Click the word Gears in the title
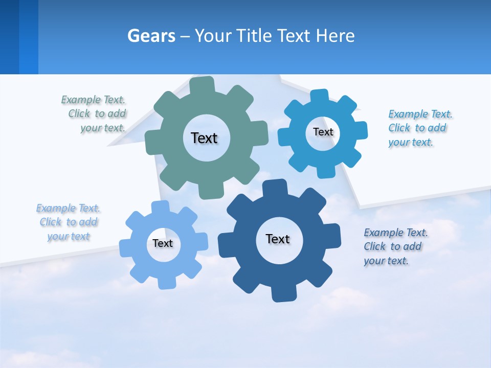click(151, 36)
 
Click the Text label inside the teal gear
click(204, 138)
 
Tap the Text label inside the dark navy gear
click(278, 239)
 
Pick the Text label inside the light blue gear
click(163, 243)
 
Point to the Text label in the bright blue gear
click(323, 132)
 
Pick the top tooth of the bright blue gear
click(319, 96)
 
